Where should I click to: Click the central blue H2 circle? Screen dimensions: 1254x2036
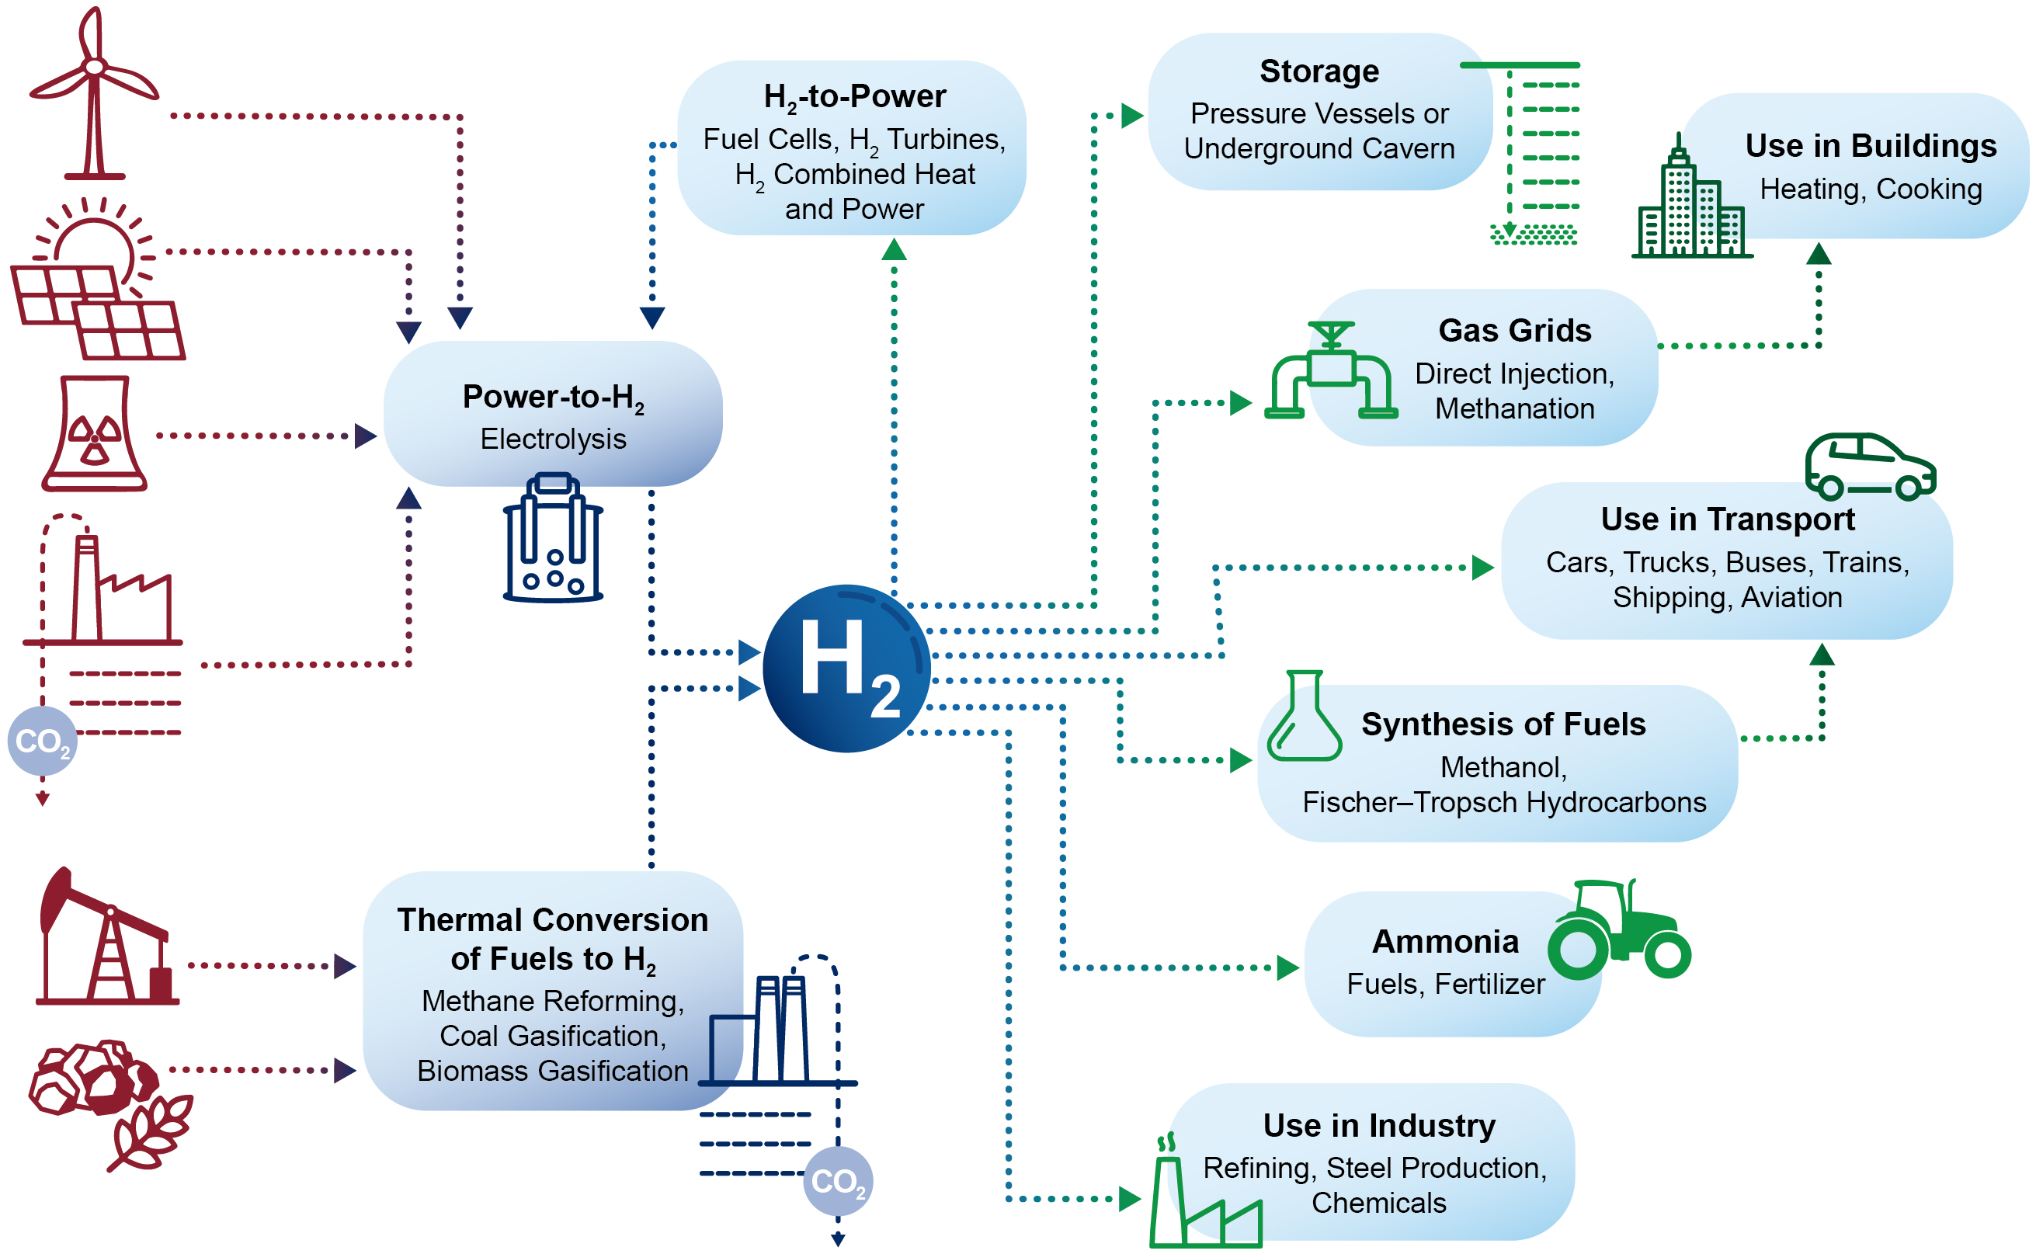pyautogui.click(x=846, y=669)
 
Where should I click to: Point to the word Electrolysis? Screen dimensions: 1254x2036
pyautogui.click(x=553, y=439)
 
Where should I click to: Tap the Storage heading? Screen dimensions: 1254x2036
pyautogui.click(x=1319, y=71)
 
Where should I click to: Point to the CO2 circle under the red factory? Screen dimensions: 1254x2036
pyautogui.click(x=42, y=741)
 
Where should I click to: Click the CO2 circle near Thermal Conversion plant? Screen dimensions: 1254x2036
pyautogui.click(x=838, y=1181)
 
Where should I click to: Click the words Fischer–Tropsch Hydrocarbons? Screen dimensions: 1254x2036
pyautogui.click(x=1503, y=802)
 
